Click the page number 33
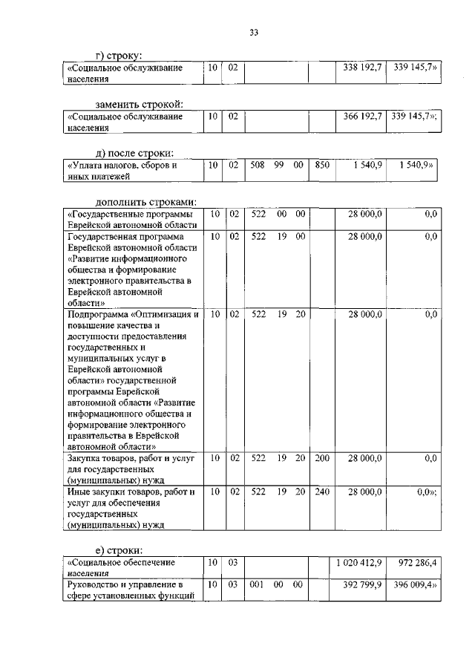click(x=254, y=32)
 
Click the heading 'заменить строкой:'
click(x=139, y=103)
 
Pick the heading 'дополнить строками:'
click(x=145, y=202)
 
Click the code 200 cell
click(x=321, y=459)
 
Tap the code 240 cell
click(x=321, y=492)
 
